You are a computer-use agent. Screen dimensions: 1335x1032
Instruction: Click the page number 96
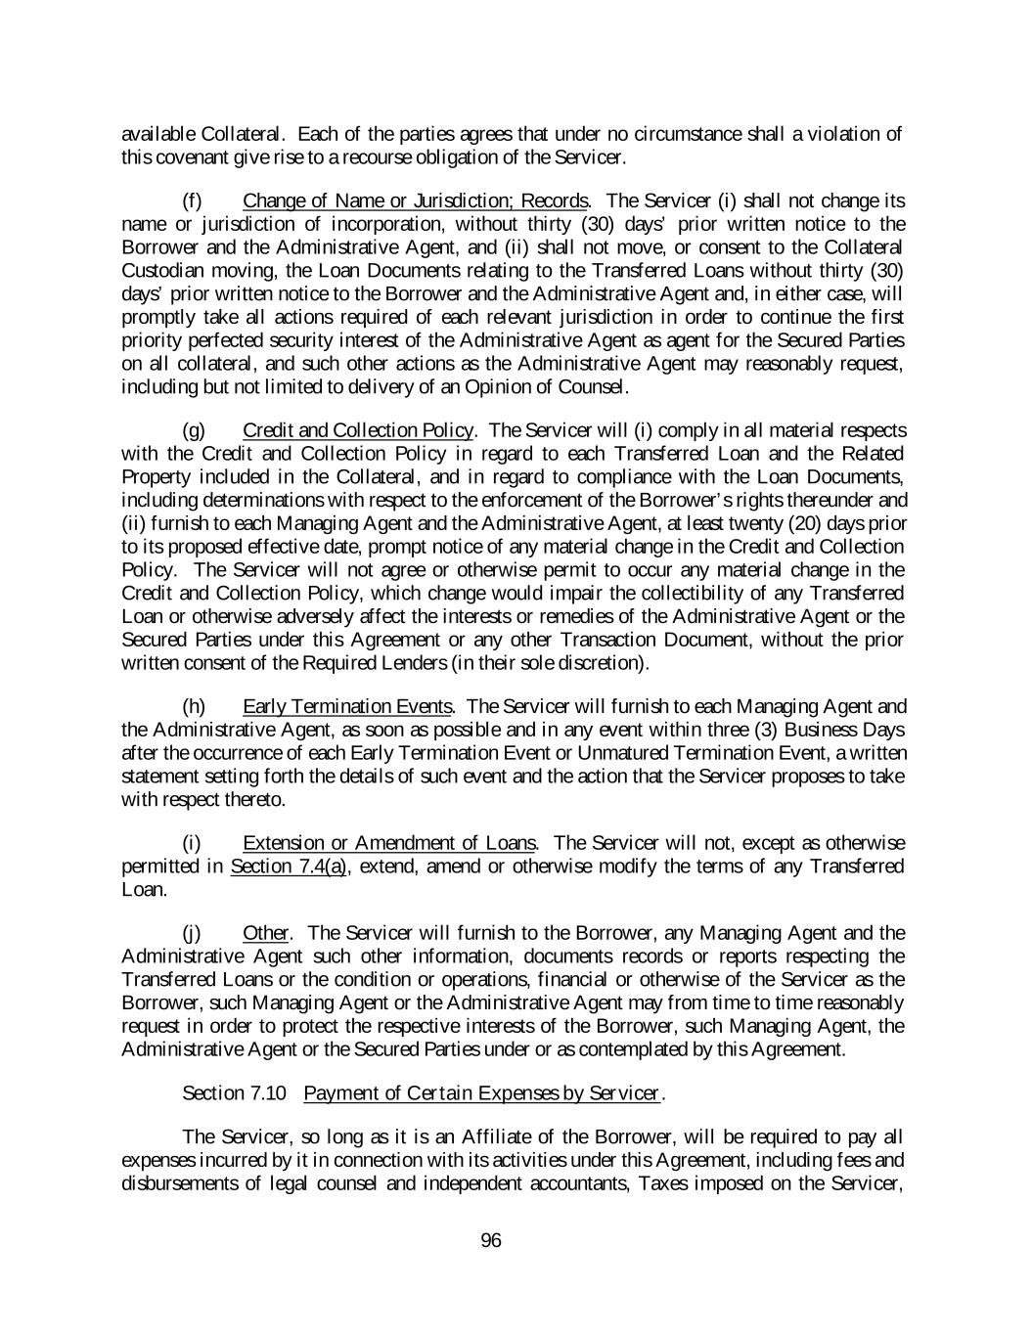point(491,1241)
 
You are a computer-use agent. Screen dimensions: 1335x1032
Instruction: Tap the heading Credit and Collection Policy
point(358,430)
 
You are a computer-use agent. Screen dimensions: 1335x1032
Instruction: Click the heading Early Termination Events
point(347,706)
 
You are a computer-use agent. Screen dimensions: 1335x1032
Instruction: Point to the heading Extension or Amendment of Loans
point(388,843)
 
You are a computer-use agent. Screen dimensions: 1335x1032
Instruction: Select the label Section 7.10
point(235,1093)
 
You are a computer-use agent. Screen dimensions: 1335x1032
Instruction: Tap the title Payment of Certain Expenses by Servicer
point(482,1093)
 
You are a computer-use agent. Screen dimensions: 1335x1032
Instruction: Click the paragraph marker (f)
point(193,201)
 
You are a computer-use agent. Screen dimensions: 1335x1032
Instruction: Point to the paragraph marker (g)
point(194,430)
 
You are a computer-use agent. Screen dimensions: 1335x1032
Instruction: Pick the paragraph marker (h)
point(194,706)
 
